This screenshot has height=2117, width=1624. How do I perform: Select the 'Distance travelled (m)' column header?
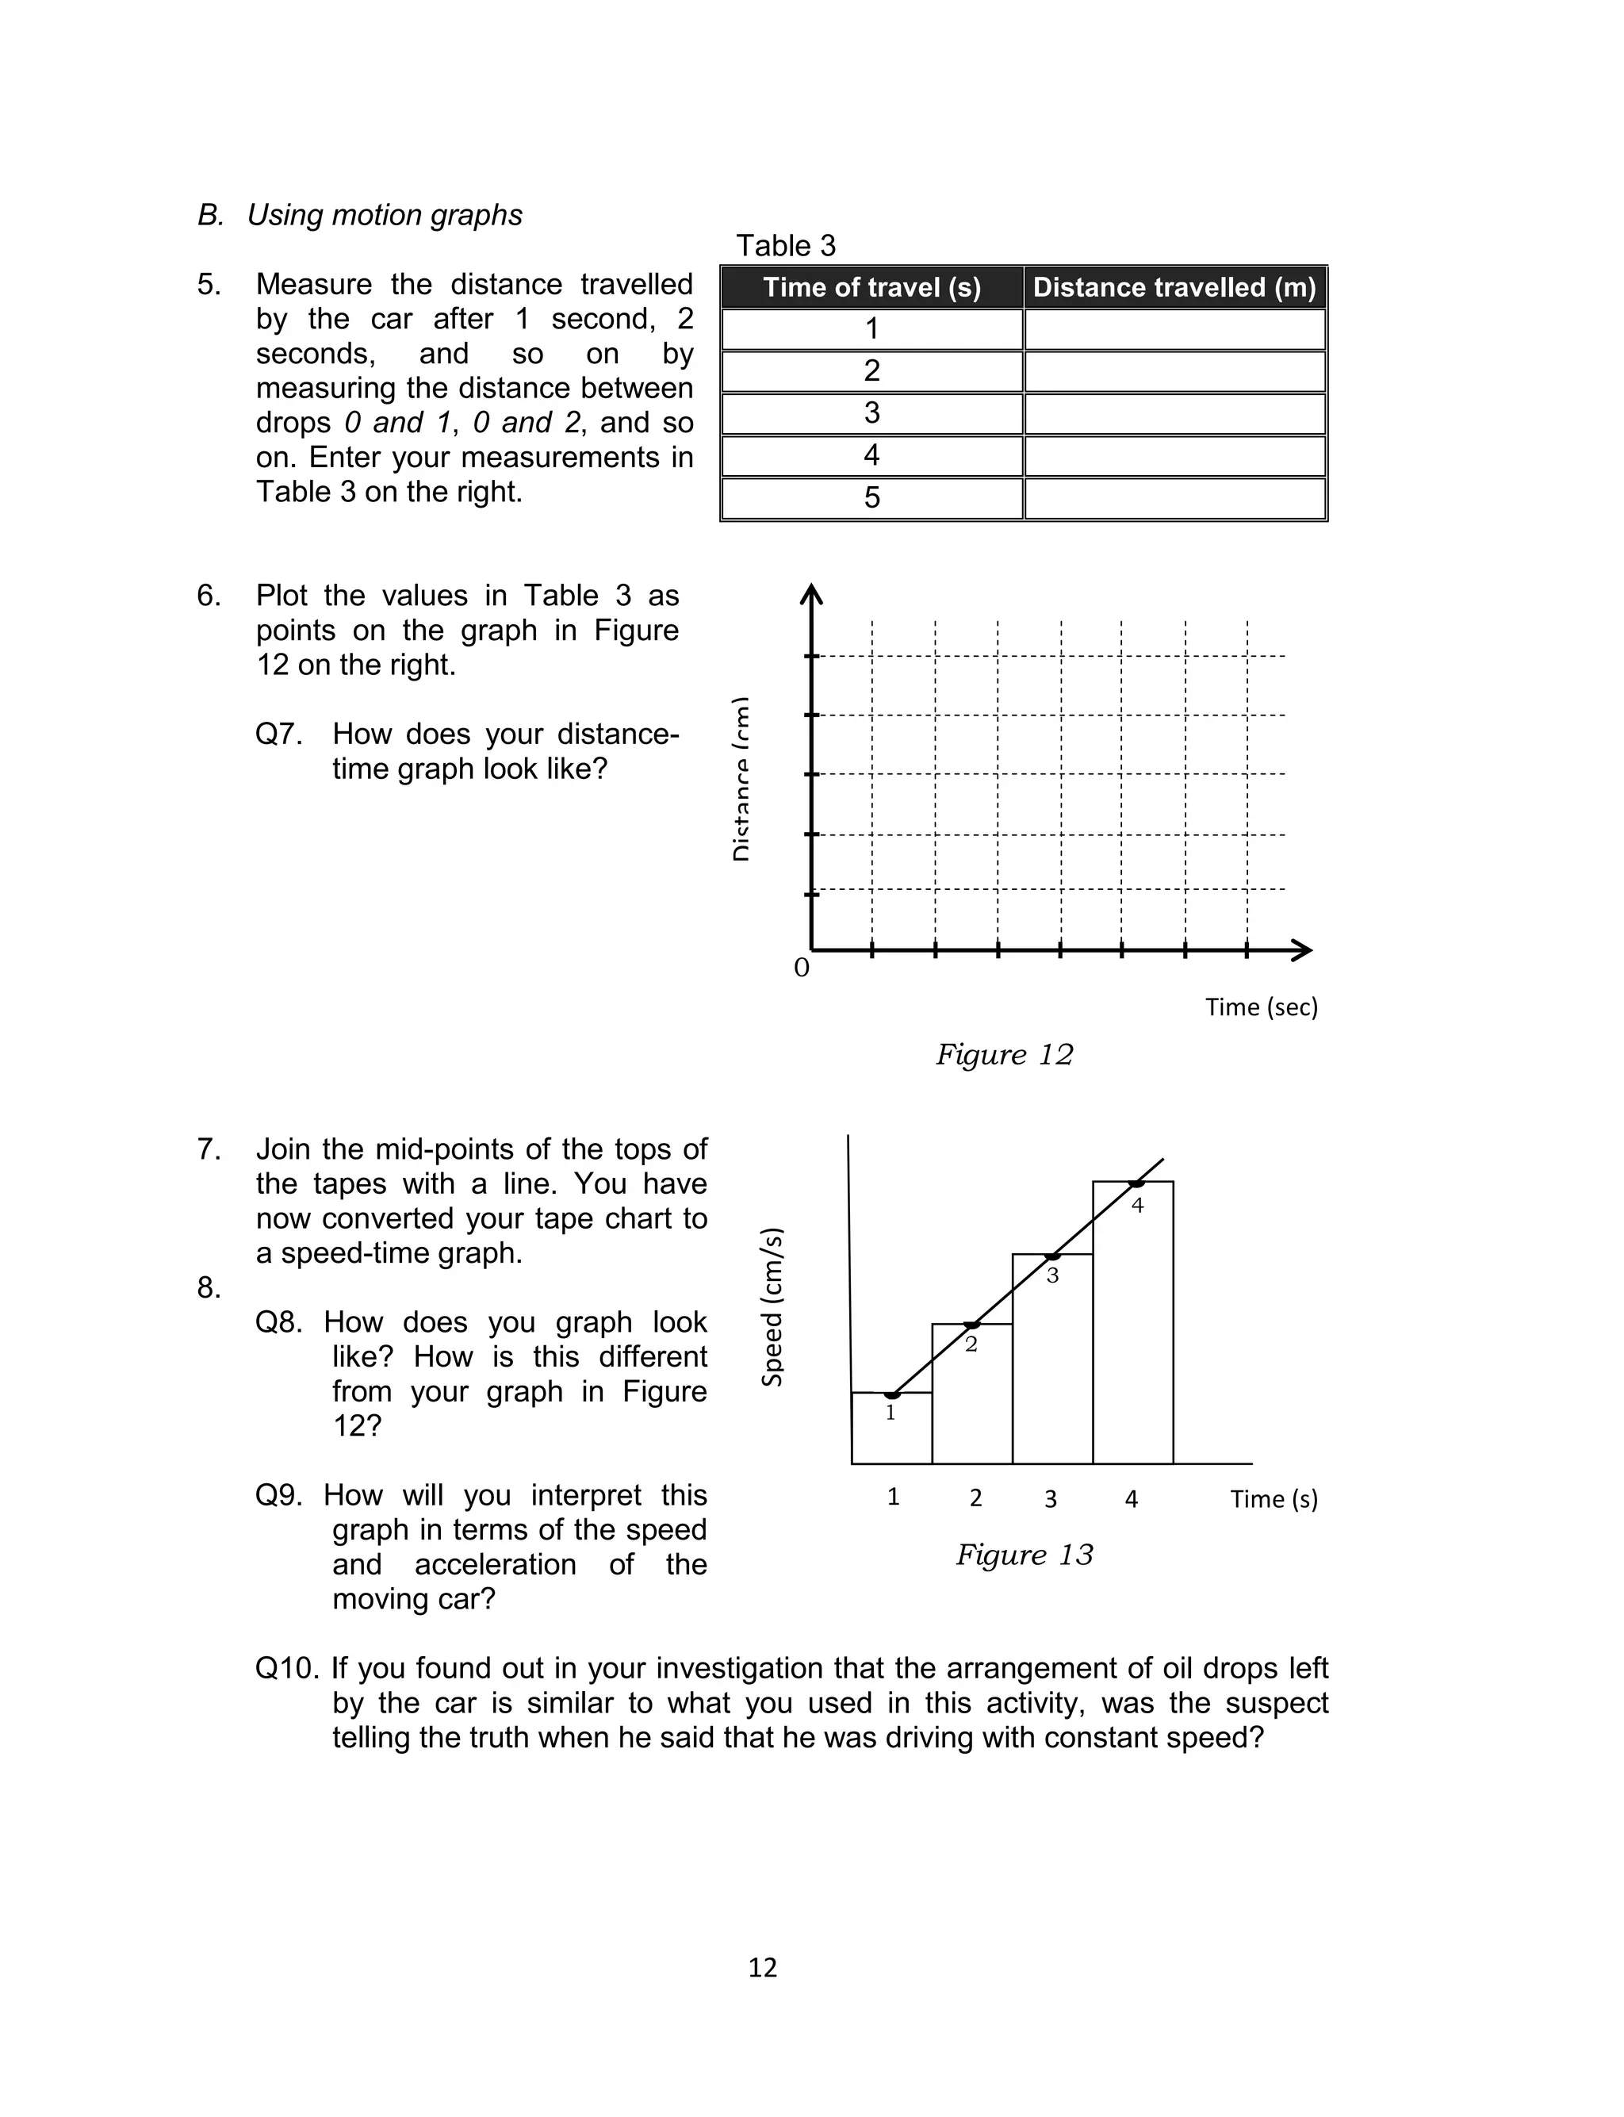tap(1174, 287)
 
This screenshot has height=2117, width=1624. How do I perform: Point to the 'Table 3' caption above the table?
tap(785, 246)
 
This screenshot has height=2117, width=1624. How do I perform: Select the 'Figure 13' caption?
tap(1024, 1555)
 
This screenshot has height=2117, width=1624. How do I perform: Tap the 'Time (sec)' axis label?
tap(1261, 1007)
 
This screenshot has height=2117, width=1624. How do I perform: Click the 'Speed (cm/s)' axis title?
tap(772, 1307)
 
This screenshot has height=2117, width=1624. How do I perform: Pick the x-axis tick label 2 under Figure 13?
tap(975, 1498)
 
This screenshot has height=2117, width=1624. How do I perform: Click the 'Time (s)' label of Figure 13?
tap(1273, 1498)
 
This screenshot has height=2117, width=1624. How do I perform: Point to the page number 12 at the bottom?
tap(762, 1967)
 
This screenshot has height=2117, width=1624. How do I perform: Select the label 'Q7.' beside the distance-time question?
tap(278, 734)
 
